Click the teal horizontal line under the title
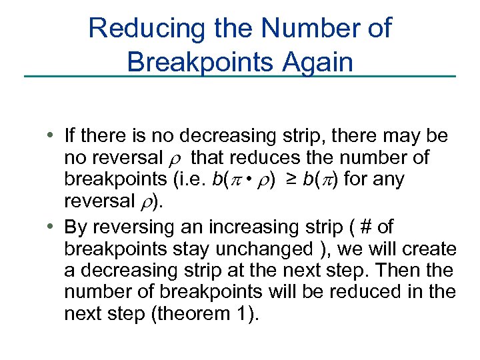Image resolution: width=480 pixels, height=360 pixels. (240, 77)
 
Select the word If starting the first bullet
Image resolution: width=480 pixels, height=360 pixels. (70, 137)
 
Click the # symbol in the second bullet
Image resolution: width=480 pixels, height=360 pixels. (365, 226)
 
